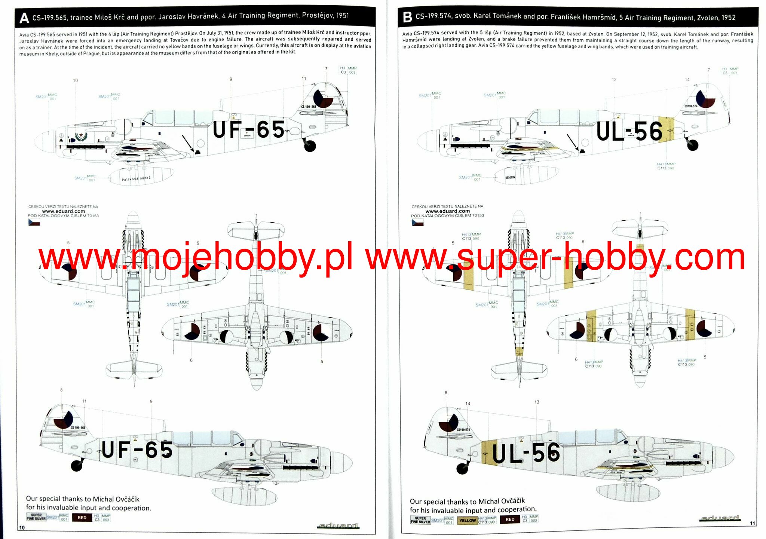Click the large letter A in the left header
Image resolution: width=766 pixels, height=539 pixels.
24,18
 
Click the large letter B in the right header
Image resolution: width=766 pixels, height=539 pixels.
407,17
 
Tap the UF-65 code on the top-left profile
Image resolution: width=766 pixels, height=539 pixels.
249,130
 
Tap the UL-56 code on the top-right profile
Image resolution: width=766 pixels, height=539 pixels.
629,131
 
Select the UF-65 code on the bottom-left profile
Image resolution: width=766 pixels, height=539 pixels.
137,450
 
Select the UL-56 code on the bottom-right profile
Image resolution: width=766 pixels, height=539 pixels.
526,453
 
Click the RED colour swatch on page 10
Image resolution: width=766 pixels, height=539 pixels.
82,518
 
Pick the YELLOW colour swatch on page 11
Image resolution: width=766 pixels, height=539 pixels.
467,520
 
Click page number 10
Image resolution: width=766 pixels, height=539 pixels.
22,527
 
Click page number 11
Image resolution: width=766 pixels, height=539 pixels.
753,523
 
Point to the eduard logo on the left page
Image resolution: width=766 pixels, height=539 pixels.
338,526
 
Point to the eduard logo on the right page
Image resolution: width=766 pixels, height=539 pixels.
720,518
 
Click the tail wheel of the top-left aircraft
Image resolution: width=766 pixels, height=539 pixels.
310,146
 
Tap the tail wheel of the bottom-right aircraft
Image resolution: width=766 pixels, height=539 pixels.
463,468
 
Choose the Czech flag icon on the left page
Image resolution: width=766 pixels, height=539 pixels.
34,223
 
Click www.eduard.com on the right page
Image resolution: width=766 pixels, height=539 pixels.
447,211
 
